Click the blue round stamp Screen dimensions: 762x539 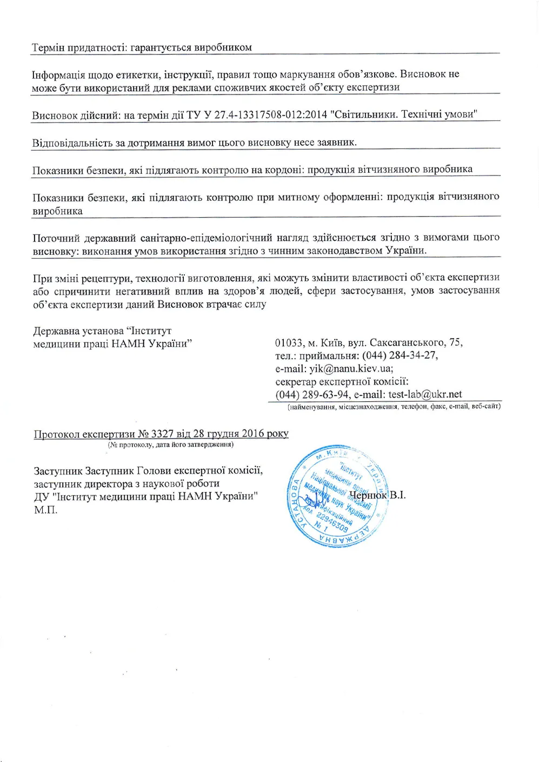[337, 496]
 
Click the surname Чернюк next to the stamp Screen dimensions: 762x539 [368, 495]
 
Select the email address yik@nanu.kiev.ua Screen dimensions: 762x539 [351, 369]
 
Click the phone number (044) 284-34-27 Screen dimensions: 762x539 [400, 355]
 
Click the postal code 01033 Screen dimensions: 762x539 [289, 342]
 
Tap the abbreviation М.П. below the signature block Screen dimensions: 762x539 [45, 510]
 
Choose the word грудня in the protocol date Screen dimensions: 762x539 [222, 434]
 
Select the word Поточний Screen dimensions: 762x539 [56, 238]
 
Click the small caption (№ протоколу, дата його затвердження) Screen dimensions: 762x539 [170, 444]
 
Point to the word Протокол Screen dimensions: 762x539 [57, 434]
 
